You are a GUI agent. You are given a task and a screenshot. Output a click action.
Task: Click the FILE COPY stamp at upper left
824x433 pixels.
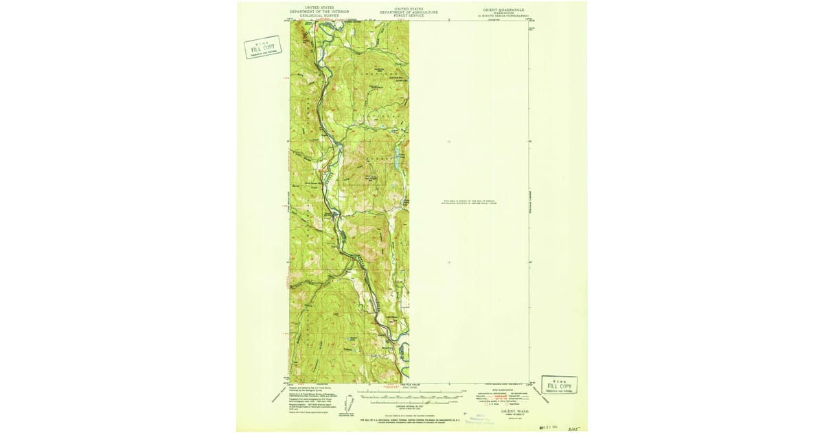click(263, 47)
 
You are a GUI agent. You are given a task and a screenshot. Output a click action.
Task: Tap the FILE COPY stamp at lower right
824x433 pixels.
click(559, 385)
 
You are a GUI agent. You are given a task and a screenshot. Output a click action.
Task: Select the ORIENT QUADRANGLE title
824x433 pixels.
click(504, 10)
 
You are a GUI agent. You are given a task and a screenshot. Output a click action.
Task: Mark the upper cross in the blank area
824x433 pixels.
click(449, 142)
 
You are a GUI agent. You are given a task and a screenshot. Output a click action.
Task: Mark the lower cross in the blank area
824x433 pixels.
click(449, 262)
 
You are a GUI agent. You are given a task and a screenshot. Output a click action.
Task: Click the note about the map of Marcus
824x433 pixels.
click(470, 202)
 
